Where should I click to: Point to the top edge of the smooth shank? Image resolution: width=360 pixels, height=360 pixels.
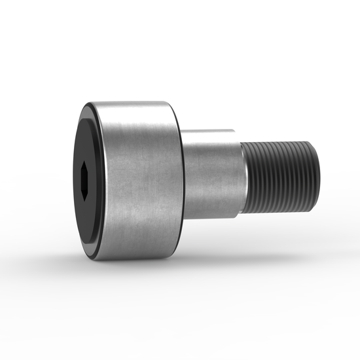(209, 131)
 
